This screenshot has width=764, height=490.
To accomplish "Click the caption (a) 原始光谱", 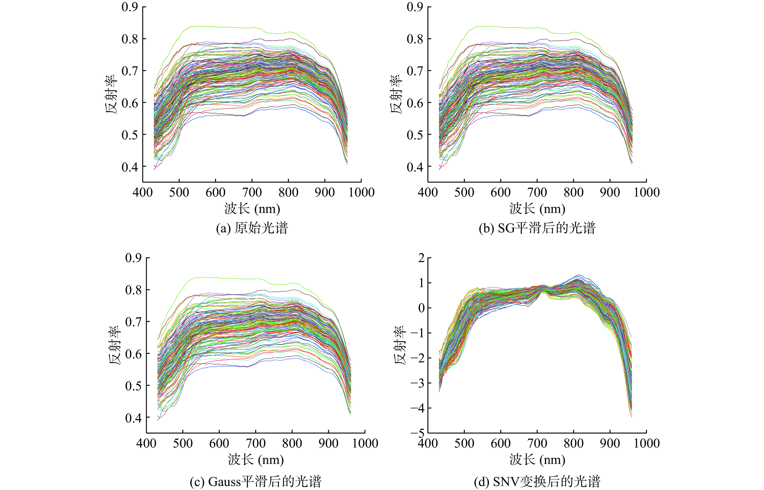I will (252, 228).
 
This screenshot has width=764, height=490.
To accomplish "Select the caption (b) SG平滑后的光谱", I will (537, 228).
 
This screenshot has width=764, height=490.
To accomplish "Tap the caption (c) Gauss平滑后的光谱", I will (256, 482).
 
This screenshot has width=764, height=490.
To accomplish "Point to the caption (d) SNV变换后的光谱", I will (537, 482).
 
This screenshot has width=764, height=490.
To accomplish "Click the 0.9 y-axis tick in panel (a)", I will (130, 7).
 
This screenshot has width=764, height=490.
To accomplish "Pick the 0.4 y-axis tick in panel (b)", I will (415, 167).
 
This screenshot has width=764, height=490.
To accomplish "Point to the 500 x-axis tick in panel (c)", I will (183, 443).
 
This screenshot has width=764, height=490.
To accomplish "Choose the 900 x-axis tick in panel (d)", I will (610, 443).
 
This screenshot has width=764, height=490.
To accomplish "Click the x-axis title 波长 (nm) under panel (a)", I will (252, 209).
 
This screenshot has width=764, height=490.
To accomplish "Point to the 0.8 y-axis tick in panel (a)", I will (130, 39).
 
